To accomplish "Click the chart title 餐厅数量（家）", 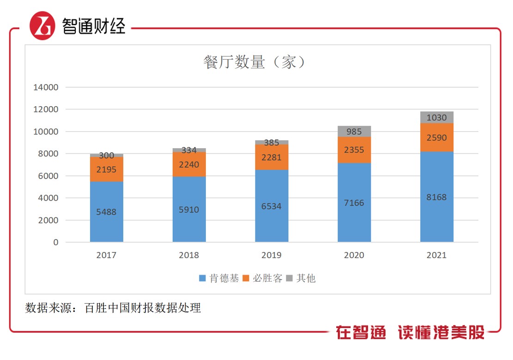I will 254,62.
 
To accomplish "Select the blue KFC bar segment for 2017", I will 107,211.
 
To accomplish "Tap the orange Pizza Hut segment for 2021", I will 437,137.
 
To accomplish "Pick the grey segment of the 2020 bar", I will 354,131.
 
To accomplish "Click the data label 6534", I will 272,206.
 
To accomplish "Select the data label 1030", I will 437,118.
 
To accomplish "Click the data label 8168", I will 437,197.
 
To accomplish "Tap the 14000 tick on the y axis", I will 46,87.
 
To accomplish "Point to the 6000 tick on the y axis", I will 48,176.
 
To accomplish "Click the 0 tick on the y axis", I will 56,242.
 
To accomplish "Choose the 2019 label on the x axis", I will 272,255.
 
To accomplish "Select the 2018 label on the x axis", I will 189,255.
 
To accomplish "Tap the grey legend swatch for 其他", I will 290,278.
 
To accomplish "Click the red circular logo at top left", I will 42,26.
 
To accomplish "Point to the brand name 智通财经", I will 94,26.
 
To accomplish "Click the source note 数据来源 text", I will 113,308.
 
